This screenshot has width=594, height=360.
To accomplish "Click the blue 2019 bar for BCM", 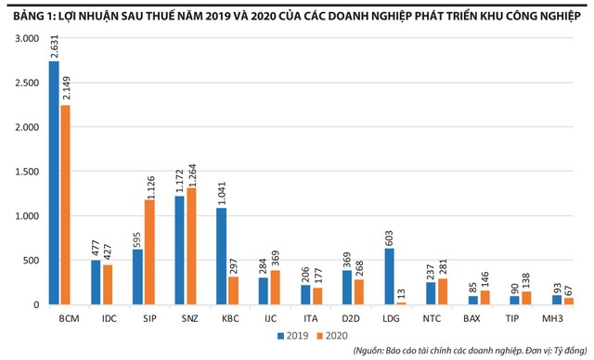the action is point(54,183).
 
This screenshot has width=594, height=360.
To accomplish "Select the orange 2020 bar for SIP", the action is point(150,252).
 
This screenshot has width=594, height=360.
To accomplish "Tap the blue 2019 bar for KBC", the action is point(221,256).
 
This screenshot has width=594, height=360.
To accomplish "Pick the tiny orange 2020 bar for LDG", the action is point(401,303).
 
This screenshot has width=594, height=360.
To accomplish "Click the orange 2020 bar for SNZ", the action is point(191,246).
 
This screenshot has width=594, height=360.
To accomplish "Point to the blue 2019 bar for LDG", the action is point(389,276).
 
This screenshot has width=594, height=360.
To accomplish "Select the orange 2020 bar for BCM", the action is point(66,205).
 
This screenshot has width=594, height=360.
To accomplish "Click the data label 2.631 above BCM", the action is point(54,47).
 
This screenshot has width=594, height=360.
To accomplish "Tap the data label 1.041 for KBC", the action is point(222,194).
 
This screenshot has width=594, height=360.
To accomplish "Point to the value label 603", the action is point(389,238).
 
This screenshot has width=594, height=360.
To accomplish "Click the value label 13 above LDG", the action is point(401,294).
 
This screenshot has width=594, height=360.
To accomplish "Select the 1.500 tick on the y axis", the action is point(27,172).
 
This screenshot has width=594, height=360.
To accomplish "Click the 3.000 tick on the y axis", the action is point(27,39).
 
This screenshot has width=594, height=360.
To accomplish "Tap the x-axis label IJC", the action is point(270,319).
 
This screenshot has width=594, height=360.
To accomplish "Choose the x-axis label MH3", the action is point(552,319).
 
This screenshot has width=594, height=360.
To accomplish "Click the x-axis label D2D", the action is point(351,319).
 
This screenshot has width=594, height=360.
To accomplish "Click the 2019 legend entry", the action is point(293,336).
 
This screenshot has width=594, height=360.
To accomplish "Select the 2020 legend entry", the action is point(332,336).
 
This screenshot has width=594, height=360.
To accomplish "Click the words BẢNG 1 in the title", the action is point(34,17).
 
